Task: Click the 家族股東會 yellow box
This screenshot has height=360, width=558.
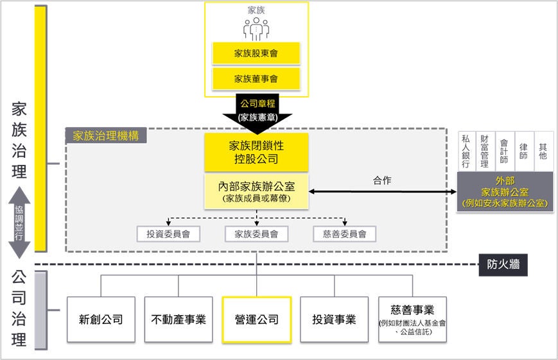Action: point(256,54)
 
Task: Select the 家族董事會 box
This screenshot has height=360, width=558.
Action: point(256,79)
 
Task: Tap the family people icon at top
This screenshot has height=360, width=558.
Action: point(256,28)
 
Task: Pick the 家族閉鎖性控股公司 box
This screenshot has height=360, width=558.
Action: point(256,152)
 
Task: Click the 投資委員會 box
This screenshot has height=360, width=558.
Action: point(168,234)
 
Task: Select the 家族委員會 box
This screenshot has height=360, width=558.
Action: point(256,234)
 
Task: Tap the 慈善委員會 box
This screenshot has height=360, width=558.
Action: point(344,234)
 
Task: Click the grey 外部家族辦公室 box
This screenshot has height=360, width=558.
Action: point(505,192)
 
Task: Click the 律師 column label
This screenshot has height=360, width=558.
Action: point(524,151)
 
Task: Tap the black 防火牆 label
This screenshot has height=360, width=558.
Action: point(503,264)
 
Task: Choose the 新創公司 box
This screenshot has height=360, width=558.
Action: point(101,319)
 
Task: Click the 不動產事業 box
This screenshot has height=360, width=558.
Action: point(178,319)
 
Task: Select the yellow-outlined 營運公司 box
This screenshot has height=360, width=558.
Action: point(256,319)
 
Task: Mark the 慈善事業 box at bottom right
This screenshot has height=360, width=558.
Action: point(412,319)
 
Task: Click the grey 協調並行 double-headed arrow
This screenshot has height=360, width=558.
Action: point(19,221)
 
